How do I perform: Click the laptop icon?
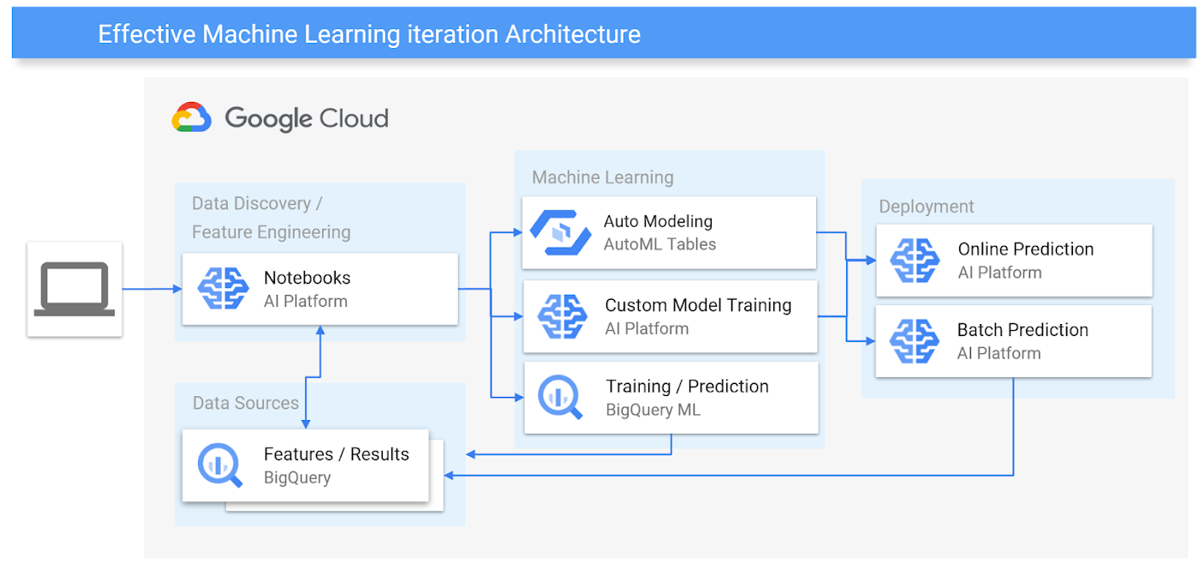(x=75, y=289)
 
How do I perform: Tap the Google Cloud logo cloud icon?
(x=192, y=117)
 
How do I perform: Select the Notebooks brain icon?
(x=224, y=289)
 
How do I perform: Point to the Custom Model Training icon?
(x=563, y=316)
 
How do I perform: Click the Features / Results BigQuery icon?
(x=220, y=465)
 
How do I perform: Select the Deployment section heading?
(x=927, y=207)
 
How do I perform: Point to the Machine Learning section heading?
(x=603, y=177)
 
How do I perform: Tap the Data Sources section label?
(x=246, y=403)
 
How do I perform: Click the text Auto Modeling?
(x=658, y=221)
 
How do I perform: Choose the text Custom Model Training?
(x=698, y=305)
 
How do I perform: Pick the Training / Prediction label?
(x=687, y=387)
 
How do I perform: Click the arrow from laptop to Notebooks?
(x=152, y=289)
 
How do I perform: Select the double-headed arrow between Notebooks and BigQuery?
(x=320, y=376)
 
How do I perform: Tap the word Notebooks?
(x=307, y=278)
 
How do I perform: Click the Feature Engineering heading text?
(x=271, y=232)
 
